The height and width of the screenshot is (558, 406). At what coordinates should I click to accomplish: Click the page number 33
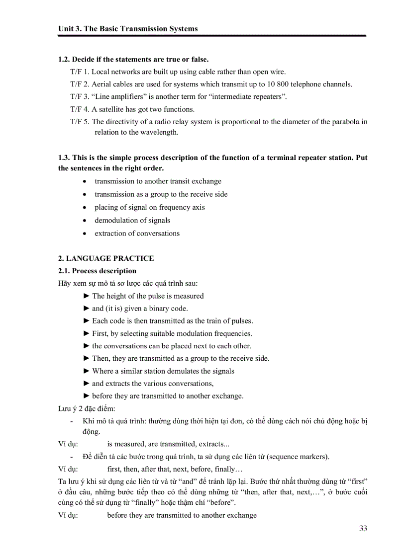pyautogui.click(x=363, y=528)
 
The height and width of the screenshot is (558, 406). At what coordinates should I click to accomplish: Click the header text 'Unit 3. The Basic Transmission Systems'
pyautogui.click(x=128, y=29)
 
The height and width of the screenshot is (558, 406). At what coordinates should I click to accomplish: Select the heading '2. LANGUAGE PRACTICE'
pyautogui.click(x=106, y=258)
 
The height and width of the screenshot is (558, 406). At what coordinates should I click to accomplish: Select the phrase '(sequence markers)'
pyautogui.click(x=298, y=457)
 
